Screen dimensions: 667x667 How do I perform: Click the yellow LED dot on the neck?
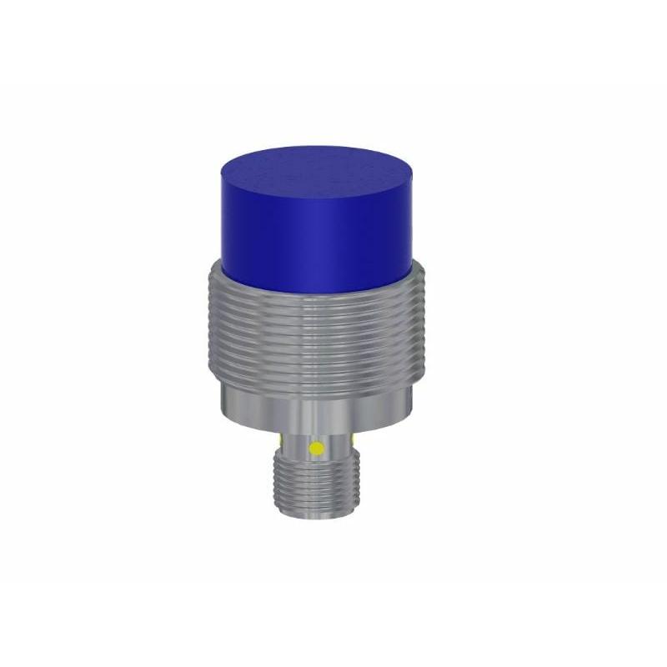coord(316,449)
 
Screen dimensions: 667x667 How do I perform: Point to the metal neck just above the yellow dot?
coord(316,435)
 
